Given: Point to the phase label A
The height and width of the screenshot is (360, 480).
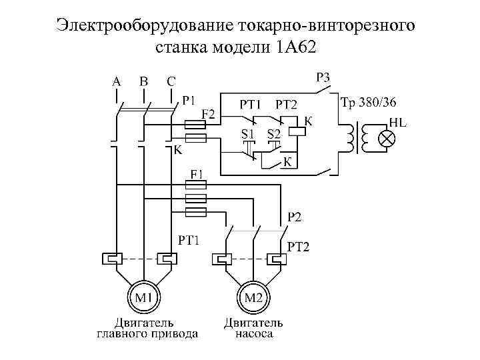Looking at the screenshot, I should [117, 81].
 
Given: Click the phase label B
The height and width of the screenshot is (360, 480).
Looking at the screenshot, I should [143, 81].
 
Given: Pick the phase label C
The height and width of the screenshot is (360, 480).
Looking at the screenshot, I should [171, 81].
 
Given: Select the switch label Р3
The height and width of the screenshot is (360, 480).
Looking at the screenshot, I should [322, 78].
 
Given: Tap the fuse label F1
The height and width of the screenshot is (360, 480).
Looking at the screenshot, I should [198, 173].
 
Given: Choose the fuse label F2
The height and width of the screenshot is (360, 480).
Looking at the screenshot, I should [209, 115].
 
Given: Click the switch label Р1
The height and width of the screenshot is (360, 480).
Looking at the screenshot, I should [189, 101].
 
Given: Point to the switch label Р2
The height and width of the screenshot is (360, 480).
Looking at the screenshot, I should [294, 216].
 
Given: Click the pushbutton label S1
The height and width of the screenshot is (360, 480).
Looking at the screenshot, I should [247, 133].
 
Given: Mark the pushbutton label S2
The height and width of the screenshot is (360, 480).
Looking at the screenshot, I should [274, 133].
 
